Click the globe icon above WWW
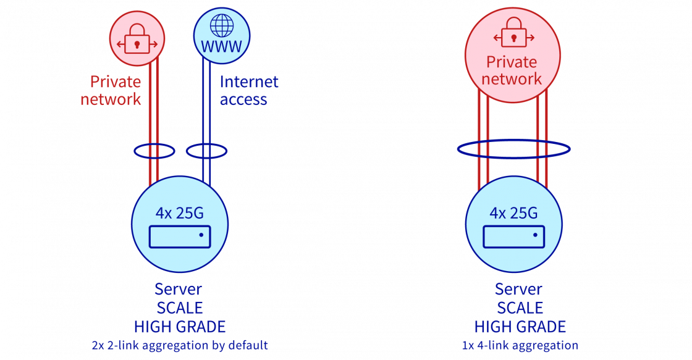coord(222,26)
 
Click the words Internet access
coord(248,91)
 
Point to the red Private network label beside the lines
coord(112,91)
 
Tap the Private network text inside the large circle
coord(512,70)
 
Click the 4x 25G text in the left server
coord(180,213)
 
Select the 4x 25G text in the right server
coord(513,213)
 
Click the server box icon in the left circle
coord(180,237)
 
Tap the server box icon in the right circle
coord(513,237)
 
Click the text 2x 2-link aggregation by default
coord(179,345)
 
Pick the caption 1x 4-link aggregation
coord(520,345)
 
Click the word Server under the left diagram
coord(179,289)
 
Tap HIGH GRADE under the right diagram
coord(520,327)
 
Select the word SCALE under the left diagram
coord(179,308)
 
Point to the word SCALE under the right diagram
coord(520,308)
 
